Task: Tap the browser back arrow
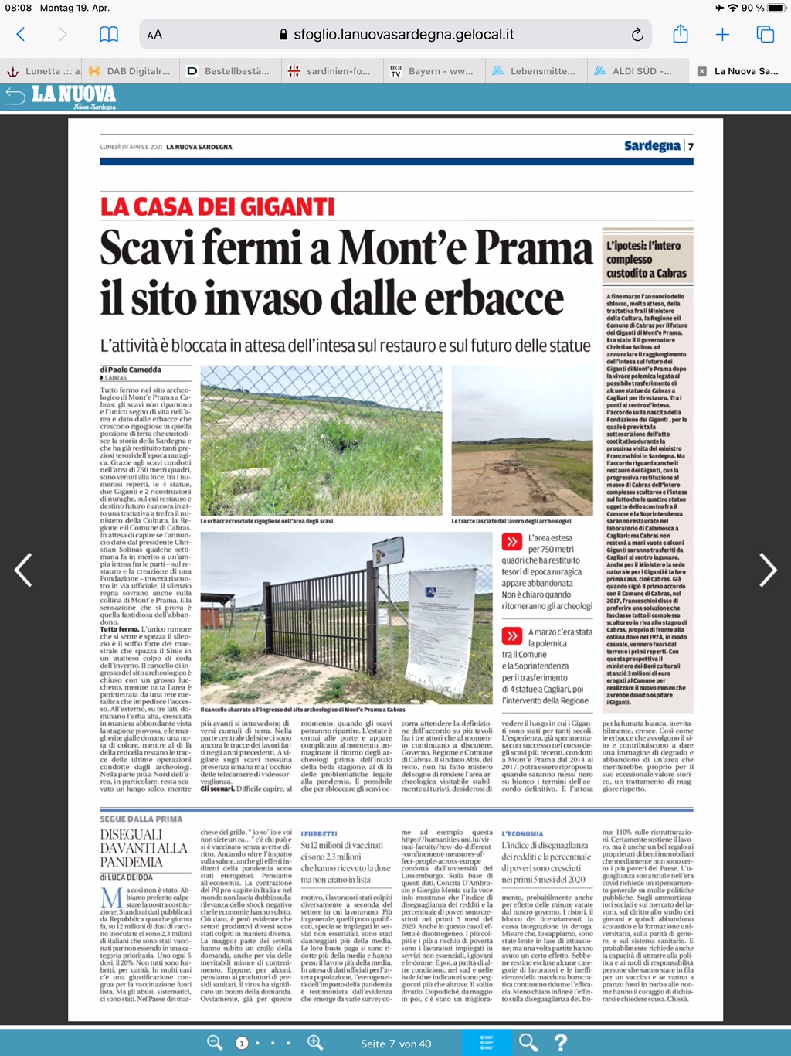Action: (x=21, y=35)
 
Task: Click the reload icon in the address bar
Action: (x=637, y=35)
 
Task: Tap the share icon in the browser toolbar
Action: (x=680, y=34)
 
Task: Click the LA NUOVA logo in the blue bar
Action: (x=73, y=96)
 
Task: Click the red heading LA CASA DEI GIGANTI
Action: (x=217, y=207)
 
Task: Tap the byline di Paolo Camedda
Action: (x=131, y=370)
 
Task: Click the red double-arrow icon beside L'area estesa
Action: (x=511, y=541)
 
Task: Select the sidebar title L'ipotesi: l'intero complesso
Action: (x=647, y=259)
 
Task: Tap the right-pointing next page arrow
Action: (x=767, y=571)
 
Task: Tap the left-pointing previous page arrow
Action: (x=24, y=571)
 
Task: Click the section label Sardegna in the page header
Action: (x=652, y=146)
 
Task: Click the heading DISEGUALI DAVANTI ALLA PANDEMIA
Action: (x=144, y=848)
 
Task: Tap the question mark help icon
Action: (x=562, y=1043)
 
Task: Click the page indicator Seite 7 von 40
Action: (x=396, y=1044)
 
